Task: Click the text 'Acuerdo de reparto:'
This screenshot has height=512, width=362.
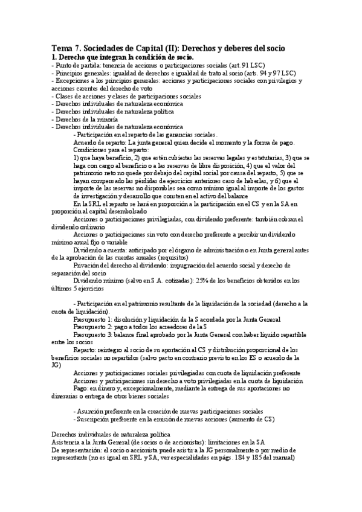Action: coord(96,143)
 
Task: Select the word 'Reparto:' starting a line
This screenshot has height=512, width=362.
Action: coord(86,350)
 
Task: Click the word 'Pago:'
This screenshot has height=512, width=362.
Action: coord(82,389)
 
